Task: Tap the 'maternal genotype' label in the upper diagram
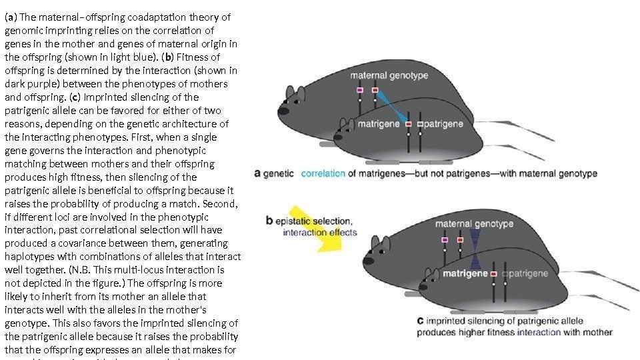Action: coord(389,75)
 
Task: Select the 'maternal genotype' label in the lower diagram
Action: coord(474,223)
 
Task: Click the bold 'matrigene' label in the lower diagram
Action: coord(464,273)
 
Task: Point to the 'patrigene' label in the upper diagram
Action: coord(445,124)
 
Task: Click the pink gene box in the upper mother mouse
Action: coord(360,89)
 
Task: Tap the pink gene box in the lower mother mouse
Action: coord(445,239)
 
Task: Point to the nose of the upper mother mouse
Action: coord(282,111)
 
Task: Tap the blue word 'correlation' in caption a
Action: coord(323,174)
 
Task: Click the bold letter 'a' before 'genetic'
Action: coord(258,174)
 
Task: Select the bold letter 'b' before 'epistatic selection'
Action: coord(269,221)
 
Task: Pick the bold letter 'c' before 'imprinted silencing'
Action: coord(420,321)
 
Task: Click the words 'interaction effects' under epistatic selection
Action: coord(320,233)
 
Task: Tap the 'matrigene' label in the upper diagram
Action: coord(379,124)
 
